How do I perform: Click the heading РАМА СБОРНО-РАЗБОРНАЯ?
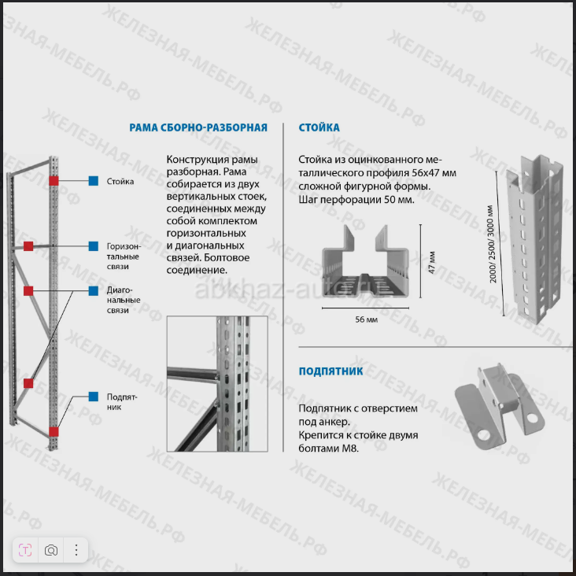[x=198, y=127]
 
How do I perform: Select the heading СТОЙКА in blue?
[x=319, y=127]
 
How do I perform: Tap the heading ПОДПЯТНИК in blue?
[x=330, y=371]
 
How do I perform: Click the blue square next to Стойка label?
[x=93, y=181]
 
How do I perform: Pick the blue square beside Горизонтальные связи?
[x=93, y=246]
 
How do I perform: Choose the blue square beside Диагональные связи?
[x=93, y=290]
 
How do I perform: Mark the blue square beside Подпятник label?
[x=93, y=397]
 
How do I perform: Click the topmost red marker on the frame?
[x=54, y=181]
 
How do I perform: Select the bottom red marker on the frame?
[x=54, y=431]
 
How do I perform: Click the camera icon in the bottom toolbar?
[x=51, y=550]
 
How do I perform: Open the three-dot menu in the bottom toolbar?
[x=76, y=550]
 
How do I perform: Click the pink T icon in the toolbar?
[x=26, y=550]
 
